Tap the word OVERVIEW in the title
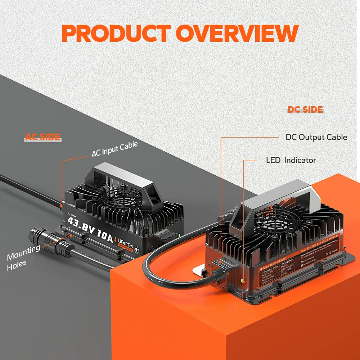click(x=238, y=33)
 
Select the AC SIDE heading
click(x=43, y=137)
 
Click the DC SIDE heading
click(x=305, y=110)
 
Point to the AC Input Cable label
click(x=114, y=149)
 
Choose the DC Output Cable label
click(x=316, y=137)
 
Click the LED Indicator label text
click(x=291, y=160)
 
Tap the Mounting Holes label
click(x=22, y=256)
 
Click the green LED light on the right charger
click(x=242, y=279)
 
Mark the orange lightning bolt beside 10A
click(x=114, y=239)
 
